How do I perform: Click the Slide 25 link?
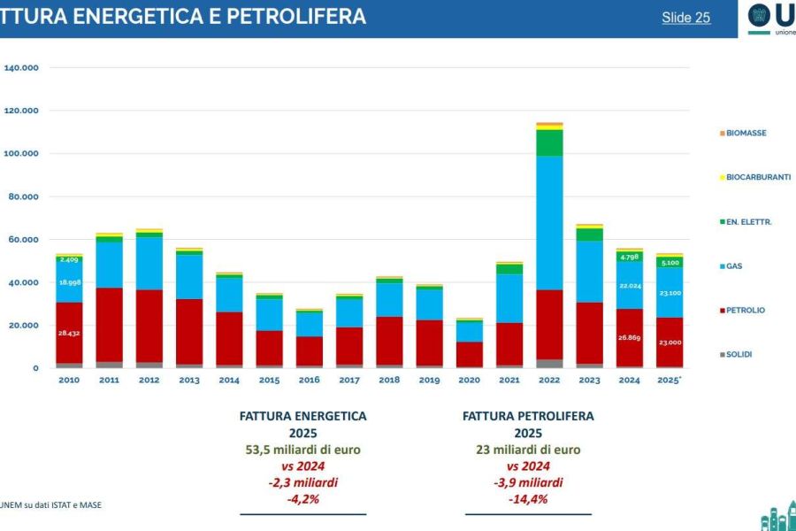click(685, 18)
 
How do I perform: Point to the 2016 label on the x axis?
click(309, 381)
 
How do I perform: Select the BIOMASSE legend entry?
click(746, 133)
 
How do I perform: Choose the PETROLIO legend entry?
click(746, 311)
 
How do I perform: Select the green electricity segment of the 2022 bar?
click(548, 142)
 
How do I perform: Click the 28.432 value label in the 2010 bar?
click(69, 334)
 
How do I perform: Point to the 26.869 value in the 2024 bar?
click(630, 337)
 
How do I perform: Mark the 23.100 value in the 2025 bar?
click(670, 293)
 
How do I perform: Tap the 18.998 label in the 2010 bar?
click(69, 282)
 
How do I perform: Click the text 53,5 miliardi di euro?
click(302, 450)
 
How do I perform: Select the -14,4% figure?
click(529, 499)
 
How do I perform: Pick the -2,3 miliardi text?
click(302, 483)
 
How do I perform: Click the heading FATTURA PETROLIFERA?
click(529, 415)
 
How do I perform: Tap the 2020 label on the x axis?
click(469, 381)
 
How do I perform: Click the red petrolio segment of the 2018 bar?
click(388, 341)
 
